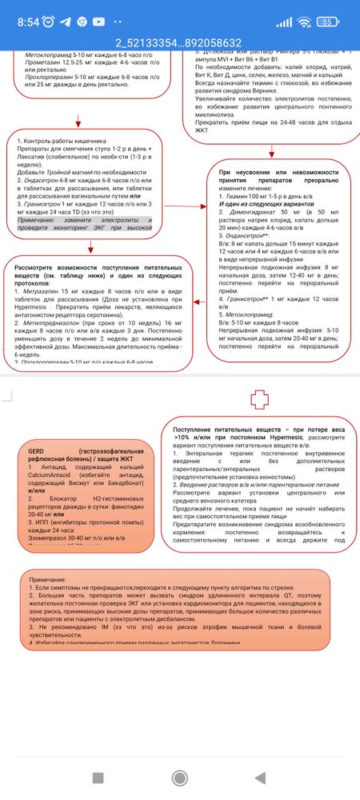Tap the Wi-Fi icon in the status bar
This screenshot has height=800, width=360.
302,21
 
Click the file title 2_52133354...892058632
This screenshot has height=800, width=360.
179,42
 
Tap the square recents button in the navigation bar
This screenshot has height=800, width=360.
98,777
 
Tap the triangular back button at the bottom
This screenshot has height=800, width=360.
260,777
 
